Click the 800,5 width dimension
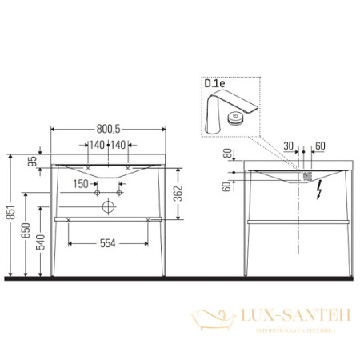(x=109, y=126)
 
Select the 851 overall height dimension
(x=10, y=214)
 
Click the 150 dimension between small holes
(x=82, y=183)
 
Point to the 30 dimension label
(x=289, y=146)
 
